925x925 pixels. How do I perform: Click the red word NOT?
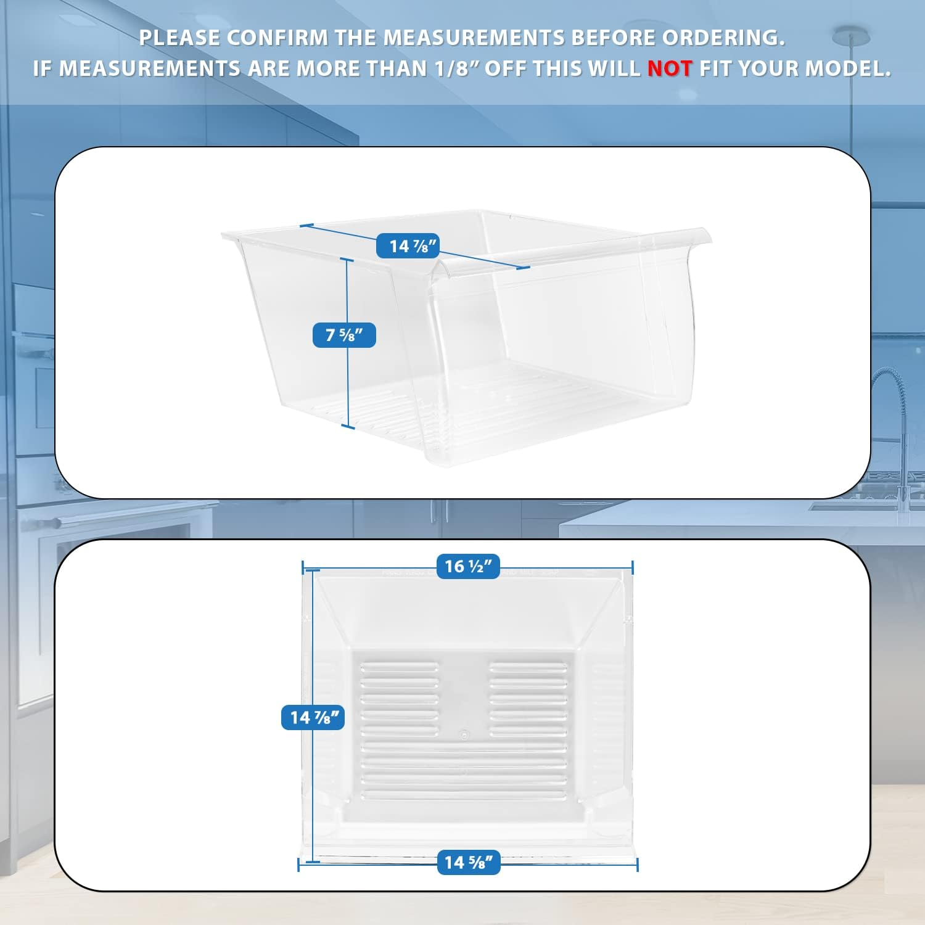tap(670, 68)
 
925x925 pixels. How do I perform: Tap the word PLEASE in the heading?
tap(179, 38)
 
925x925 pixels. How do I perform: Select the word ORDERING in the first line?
tap(723, 38)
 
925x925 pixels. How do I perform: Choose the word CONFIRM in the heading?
tap(279, 38)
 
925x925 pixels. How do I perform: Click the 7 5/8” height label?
tap(344, 335)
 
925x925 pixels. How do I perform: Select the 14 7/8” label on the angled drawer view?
tap(408, 246)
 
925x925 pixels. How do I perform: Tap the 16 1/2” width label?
tap(468, 566)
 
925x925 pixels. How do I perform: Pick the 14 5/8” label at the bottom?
tap(468, 861)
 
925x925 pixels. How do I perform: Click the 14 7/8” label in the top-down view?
tap(313, 717)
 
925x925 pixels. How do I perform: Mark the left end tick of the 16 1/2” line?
tap(303, 567)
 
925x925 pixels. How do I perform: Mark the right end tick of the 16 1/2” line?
tap(633, 567)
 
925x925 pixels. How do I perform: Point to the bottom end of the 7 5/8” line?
tap(348, 426)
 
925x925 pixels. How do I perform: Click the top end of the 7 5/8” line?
tap(347, 260)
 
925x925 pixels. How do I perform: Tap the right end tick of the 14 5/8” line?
tap(637, 865)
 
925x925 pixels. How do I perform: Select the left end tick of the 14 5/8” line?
tap(298, 865)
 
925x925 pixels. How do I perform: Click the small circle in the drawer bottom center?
tap(464, 734)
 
